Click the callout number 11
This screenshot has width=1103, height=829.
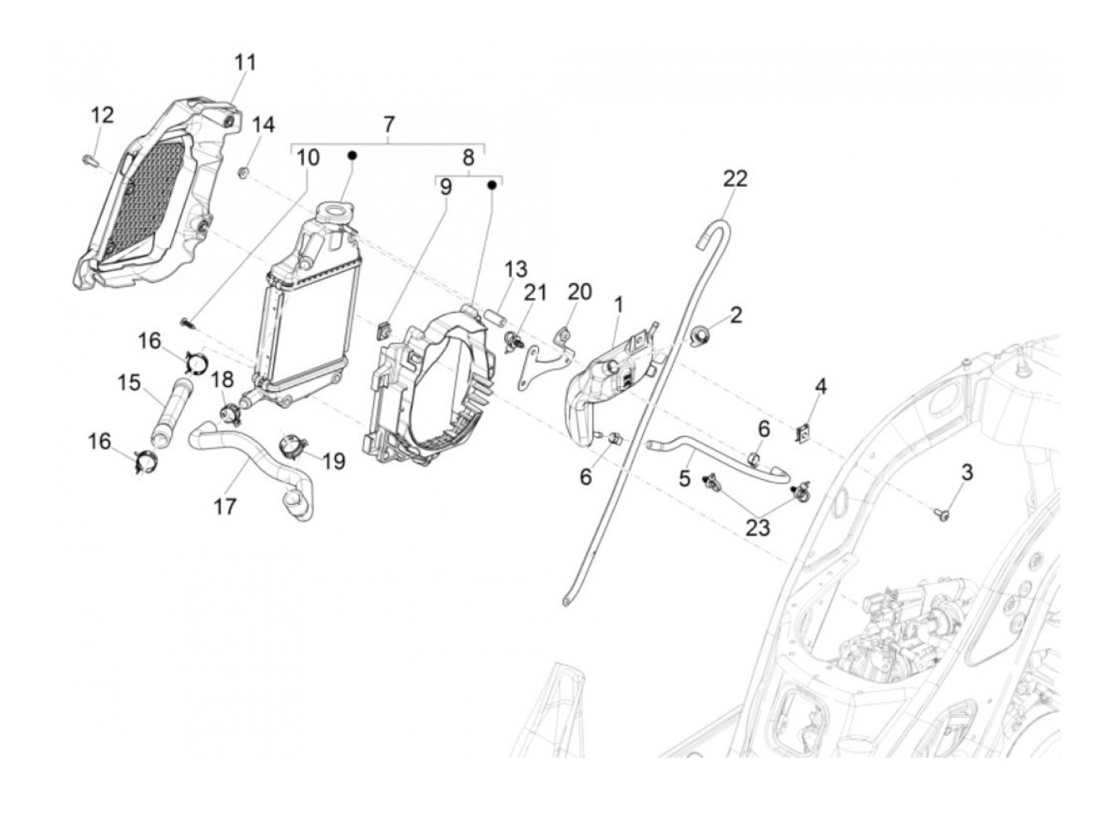245,62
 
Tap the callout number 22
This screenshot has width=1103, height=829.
734,179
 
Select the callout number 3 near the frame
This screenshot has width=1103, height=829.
967,473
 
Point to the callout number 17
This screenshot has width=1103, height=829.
225,506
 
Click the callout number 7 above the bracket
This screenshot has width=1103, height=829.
388,125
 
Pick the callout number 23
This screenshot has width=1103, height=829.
757,526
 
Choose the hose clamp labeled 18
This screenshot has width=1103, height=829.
228,411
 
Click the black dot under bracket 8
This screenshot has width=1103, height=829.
491,185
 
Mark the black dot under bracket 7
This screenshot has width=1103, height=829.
354,156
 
